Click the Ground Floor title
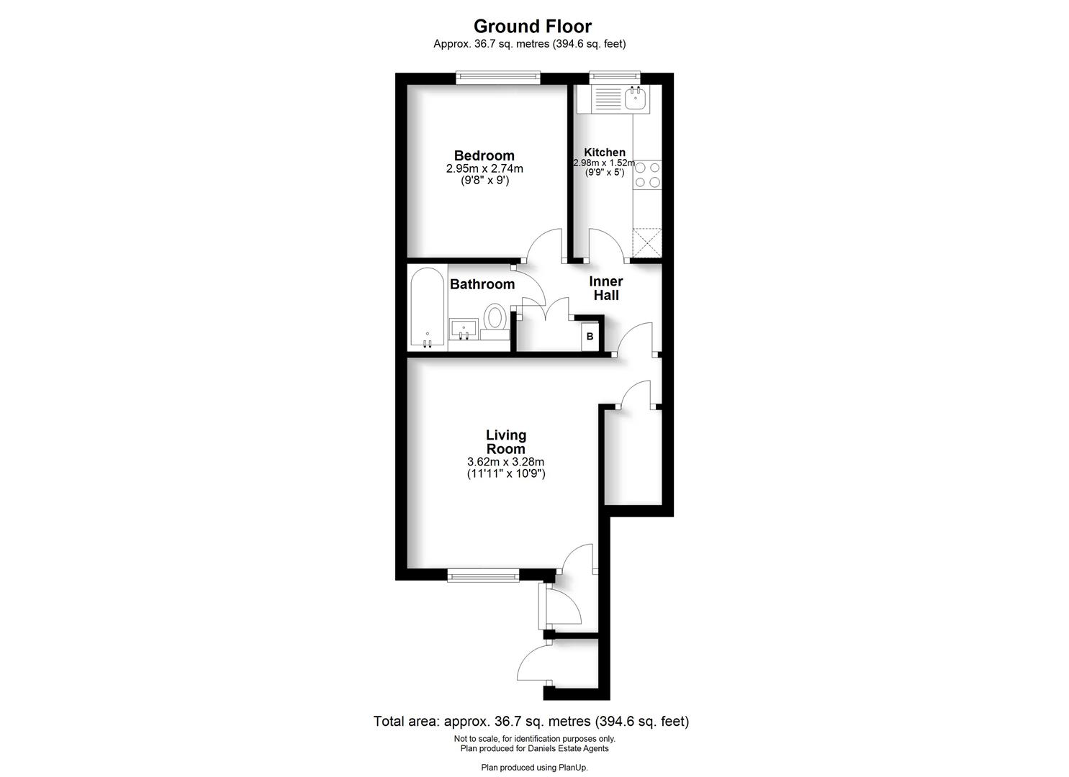pos(532,27)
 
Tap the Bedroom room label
pos(484,156)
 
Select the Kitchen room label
pos(604,153)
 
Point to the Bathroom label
pos(482,284)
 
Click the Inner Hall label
pos(605,288)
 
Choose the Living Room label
pos(506,442)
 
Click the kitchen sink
pos(635,99)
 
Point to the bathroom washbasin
pos(464,329)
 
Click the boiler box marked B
pos(590,336)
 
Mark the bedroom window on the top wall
pos(497,78)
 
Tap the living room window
pos(482,574)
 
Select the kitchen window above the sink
pos(614,75)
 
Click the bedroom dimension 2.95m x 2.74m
pos(484,169)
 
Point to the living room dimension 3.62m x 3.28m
pos(505,462)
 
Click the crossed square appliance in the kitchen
pos(646,242)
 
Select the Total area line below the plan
pos(531,721)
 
